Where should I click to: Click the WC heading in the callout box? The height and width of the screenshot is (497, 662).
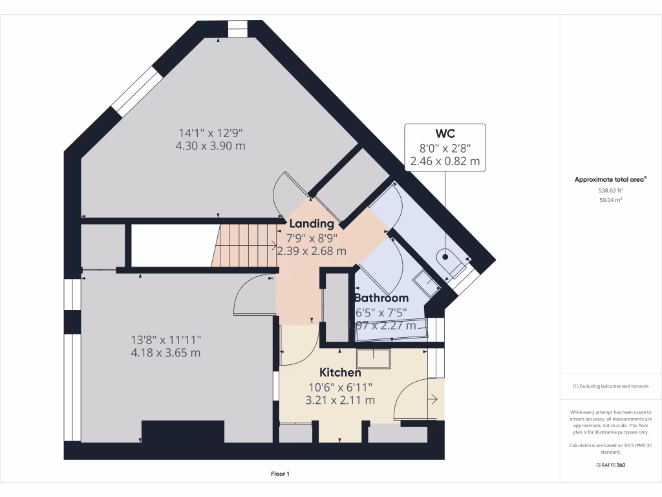445,134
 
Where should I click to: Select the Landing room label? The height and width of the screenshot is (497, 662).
312,224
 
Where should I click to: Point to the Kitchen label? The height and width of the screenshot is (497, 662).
340,373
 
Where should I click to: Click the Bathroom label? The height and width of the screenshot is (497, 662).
381,298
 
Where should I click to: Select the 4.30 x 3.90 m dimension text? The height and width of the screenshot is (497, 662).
211,146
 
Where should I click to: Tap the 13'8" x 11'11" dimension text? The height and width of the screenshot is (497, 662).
166,340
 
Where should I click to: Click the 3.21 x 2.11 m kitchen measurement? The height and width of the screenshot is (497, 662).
340,400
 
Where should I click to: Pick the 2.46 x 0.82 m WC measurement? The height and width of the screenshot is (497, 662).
445,162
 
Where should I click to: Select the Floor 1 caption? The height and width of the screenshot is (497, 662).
280,474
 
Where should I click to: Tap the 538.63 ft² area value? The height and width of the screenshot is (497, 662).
610,191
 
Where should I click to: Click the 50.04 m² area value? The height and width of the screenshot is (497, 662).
610,201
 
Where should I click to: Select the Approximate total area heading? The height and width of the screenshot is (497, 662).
610,180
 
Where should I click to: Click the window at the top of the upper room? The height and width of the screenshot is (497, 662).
238,29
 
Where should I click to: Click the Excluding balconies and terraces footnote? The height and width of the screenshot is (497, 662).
610,386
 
